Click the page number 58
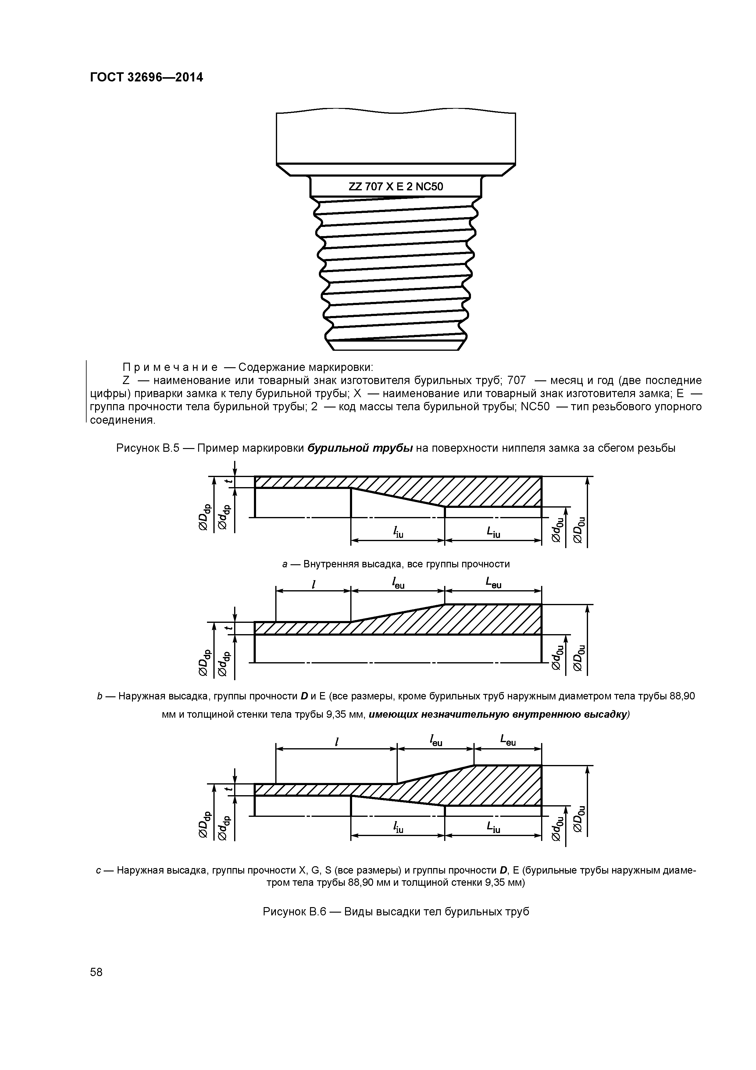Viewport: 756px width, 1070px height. pos(96,972)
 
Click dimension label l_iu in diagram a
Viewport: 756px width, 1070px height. pos(398,532)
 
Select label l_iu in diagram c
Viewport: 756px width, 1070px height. pos(398,828)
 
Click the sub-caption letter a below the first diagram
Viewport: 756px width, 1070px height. pos(285,564)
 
